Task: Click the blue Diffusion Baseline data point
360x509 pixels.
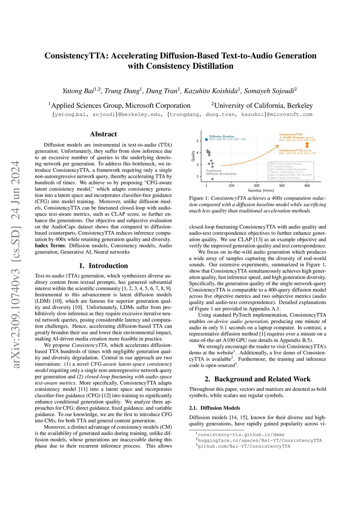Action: [206, 140]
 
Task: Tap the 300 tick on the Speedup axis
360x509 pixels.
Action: [282, 186]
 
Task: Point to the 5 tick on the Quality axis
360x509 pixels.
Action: [198, 141]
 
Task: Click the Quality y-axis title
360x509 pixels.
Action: [193, 156]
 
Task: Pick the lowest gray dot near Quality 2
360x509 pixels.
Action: [212, 179]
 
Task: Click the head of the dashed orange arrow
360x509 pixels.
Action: [278, 147]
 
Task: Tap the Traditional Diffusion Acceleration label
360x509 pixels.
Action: [221, 172]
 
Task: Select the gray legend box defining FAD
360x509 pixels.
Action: [290, 171]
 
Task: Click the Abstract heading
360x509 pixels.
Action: [103, 134]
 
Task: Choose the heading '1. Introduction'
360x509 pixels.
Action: [103, 266]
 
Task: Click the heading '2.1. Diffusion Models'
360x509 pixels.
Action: [214, 408]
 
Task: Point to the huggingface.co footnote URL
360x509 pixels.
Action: [259, 440]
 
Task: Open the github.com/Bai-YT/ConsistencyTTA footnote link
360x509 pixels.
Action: [244, 446]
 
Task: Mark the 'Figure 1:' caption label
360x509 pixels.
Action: [199, 198]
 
